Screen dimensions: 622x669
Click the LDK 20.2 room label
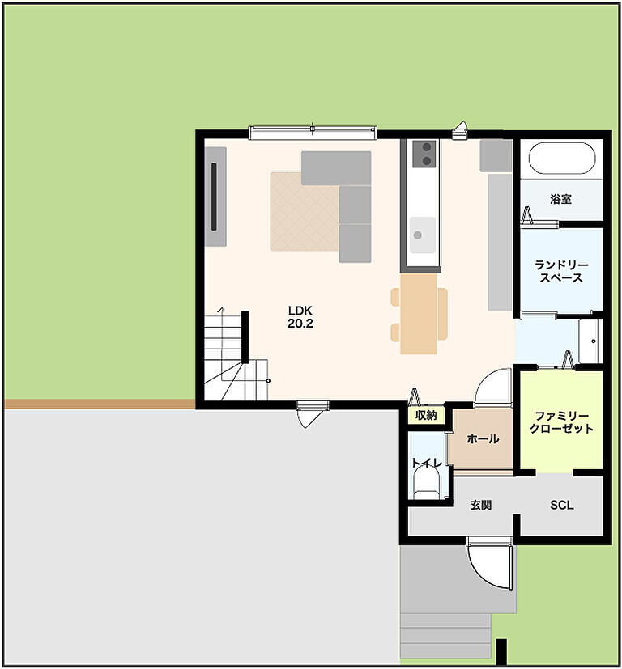tap(300, 317)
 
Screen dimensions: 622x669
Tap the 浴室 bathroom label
tap(560, 199)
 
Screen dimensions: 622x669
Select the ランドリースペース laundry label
tap(561, 271)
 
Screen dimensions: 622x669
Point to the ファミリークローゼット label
tap(561, 422)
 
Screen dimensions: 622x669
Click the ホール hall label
tap(483, 438)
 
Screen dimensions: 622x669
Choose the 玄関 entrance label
tap(480, 505)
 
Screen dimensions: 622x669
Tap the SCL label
tap(562, 505)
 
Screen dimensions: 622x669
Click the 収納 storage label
tap(426, 415)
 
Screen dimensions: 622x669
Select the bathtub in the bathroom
tap(562, 159)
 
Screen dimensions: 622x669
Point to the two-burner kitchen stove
tap(424, 154)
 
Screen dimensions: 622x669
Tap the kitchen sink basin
tap(423, 235)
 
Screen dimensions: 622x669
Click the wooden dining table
tap(419, 314)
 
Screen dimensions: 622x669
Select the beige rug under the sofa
tap(305, 212)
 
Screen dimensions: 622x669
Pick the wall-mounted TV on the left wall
tap(214, 197)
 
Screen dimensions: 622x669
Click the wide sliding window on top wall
tap(313, 133)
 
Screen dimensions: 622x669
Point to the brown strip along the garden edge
tap(100, 404)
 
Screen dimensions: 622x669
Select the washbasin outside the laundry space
tap(590, 341)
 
